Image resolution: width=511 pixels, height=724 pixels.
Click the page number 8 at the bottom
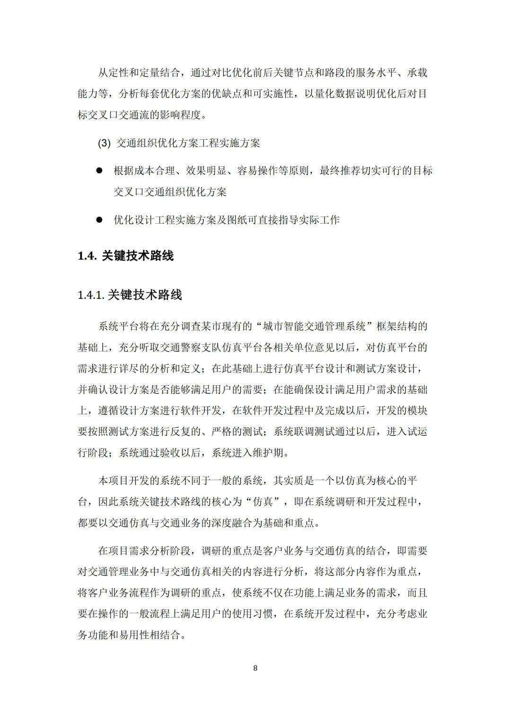click(255, 668)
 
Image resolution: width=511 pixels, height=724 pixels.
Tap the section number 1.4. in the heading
click(88, 256)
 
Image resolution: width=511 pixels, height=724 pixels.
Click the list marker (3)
click(104, 143)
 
